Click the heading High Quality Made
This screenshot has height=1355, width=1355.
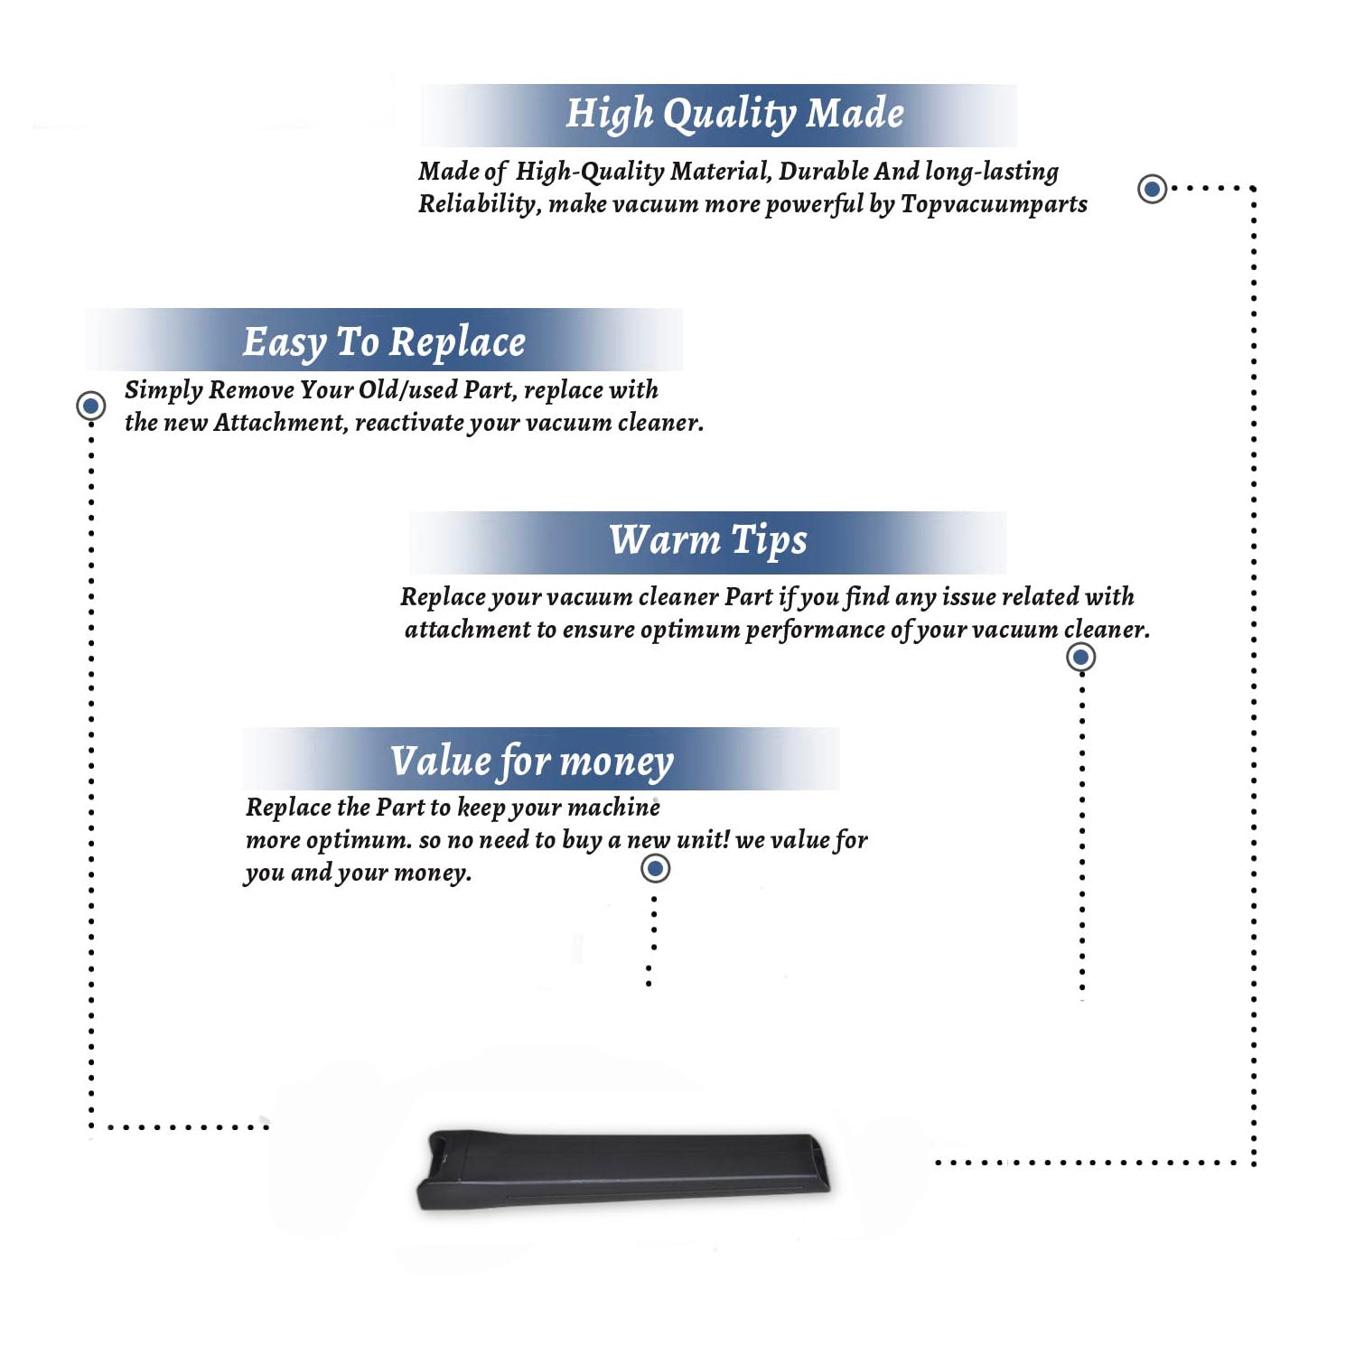click(x=734, y=115)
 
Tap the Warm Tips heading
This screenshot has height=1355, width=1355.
click(x=708, y=541)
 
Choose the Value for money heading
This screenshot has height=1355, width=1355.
click(x=532, y=762)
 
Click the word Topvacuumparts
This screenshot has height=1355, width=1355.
click(x=994, y=205)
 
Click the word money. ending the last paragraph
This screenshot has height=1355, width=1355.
click(x=433, y=874)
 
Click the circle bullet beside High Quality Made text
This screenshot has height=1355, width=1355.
click(x=1152, y=189)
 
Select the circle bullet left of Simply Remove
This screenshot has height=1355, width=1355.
click(x=90, y=406)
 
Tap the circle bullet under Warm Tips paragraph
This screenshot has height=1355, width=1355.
click(x=1081, y=657)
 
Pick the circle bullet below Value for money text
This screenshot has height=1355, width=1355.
click(x=655, y=869)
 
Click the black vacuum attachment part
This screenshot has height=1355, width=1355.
click(x=623, y=1170)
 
